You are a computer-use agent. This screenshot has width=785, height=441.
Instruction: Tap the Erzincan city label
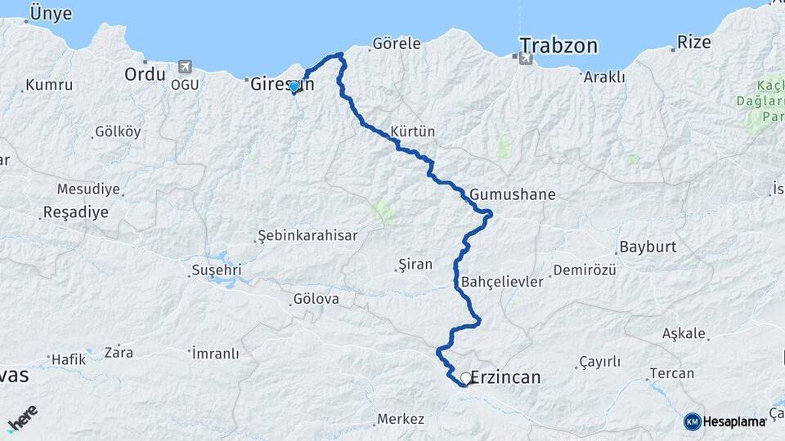[505, 377]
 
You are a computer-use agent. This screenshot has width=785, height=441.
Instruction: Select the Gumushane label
[513, 194]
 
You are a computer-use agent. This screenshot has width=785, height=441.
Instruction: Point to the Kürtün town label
[413, 131]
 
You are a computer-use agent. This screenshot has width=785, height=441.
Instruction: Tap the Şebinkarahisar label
[308, 235]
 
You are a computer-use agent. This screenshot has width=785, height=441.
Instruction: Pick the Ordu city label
[145, 73]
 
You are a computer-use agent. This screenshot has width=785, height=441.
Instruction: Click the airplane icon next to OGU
[185, 66]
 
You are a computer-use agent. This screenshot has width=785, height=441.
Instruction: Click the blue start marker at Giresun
[294, 86]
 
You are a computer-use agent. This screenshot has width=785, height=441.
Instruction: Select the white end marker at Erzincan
[466, 378]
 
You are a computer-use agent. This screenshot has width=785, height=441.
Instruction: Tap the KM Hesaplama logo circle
[692, 421]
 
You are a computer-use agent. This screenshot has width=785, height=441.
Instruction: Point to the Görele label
[396, 43]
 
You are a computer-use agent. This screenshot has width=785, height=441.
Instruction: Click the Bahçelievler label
[502, 282]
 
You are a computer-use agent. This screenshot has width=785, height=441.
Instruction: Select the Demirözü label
[584, 270]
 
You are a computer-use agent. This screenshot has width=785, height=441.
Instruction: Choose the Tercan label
[671, 373]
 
